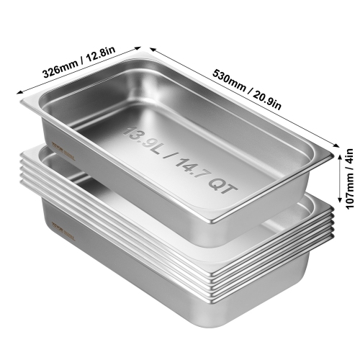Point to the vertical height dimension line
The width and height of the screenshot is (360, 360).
point(338,180)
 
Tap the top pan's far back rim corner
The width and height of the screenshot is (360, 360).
point(139,53)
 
